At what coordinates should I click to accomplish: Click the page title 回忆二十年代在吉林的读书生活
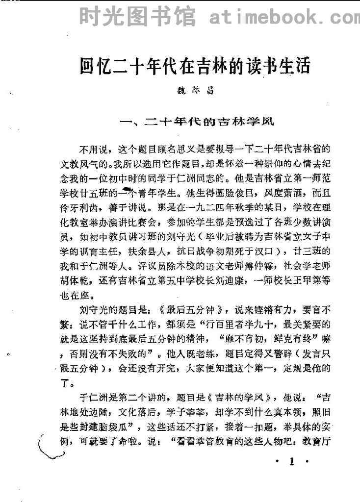tap(196, 66)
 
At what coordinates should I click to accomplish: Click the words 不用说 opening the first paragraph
tap(90, 147)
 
